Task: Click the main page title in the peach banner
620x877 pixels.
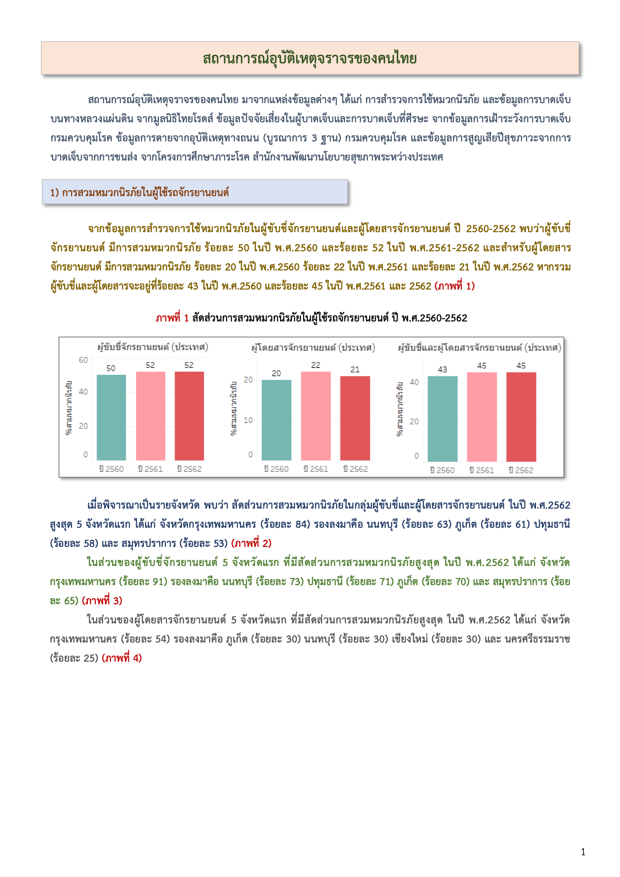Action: coord(309,59)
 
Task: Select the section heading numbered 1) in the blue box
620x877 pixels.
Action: coord(140,192)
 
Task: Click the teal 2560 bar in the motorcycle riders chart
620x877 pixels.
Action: coord(111,417)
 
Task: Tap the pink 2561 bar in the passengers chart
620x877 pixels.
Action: coord(315,416)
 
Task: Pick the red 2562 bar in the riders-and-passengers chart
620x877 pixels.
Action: coord(521,416)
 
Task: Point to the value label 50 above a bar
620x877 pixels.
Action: coord(111,368)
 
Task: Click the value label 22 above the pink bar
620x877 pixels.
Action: coord(315,365)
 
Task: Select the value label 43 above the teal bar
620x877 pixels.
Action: coord(442,369)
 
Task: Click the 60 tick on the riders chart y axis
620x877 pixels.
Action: coord(83,360)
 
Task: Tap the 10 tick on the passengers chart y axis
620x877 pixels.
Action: coord(248,420)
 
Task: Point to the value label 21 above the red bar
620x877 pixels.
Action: coord(355,369)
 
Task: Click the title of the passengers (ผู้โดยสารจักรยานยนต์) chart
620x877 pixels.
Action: coord(313,348)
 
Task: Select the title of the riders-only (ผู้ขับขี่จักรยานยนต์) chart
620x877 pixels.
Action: coord(153,347)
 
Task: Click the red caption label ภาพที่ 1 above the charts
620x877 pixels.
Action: coord(172,318)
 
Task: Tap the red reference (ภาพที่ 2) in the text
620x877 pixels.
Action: coord(251,543)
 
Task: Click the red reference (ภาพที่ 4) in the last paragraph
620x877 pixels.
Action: coord(122,658)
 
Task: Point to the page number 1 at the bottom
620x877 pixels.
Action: coord(583,852)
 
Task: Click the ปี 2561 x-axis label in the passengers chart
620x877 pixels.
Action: coord(315,469)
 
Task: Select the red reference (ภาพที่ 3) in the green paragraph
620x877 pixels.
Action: coord(102,601)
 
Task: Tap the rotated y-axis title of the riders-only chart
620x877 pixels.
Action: coord(69,408)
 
